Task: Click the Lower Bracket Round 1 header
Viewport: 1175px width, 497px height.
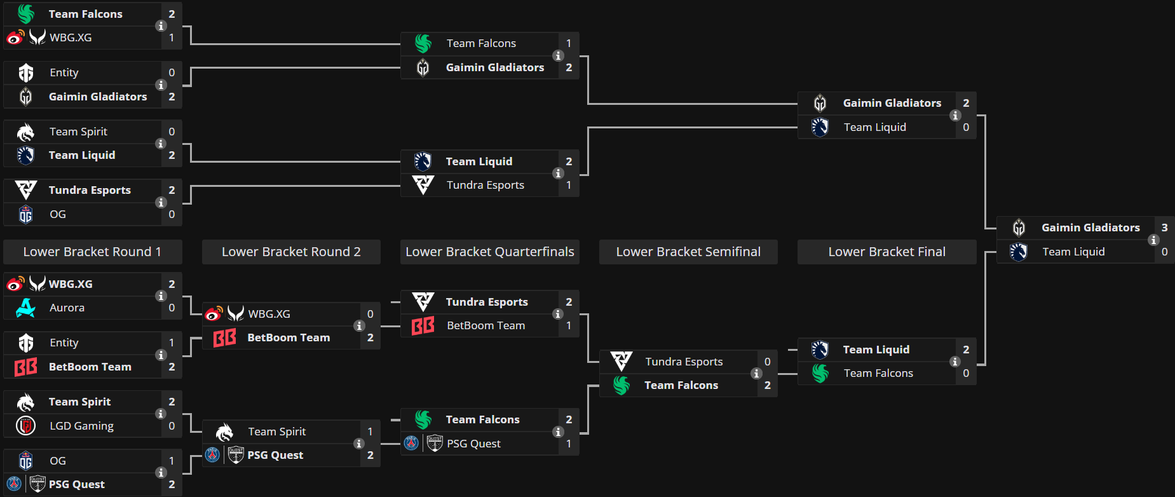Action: [x=92, y=252]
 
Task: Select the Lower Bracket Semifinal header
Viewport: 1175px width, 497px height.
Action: [x=688, y=252]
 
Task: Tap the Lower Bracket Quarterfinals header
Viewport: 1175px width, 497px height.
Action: [x=489, y=252]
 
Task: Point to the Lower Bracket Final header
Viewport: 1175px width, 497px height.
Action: [x=886, y=252]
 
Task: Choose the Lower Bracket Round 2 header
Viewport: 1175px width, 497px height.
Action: [x=291, y=252]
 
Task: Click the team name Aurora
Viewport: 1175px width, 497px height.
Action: [x=67, y=308]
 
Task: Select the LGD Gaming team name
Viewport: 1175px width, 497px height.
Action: [x=81, y=426]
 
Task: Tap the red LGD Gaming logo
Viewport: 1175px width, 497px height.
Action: [x=25, y=425]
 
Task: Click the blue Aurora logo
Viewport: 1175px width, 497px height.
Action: [x=25, y=308]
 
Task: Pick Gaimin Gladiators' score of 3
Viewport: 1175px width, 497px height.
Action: [x=1164, y=228]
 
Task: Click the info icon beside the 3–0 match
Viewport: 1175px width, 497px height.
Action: [x=1153, y=240]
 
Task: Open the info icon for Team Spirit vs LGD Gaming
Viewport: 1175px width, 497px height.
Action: [x=161, y=414]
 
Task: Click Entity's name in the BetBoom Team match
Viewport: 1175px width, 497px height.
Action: [x=64, y=343]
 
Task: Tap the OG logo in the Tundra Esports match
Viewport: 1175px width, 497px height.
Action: [x=25, y=215]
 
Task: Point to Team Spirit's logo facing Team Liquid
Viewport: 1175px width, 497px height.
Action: [x=25, y=132]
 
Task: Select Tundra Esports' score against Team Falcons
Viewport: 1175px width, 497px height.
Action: [x=767, y=362]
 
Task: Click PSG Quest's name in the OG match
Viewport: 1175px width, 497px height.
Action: [x=77, y=484]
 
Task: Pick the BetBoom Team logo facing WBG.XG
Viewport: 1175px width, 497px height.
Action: [x=224, y=337]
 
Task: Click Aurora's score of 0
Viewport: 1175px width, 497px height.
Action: [x=172, y=308]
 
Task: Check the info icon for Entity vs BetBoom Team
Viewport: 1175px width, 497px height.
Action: [x=161, y=355]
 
